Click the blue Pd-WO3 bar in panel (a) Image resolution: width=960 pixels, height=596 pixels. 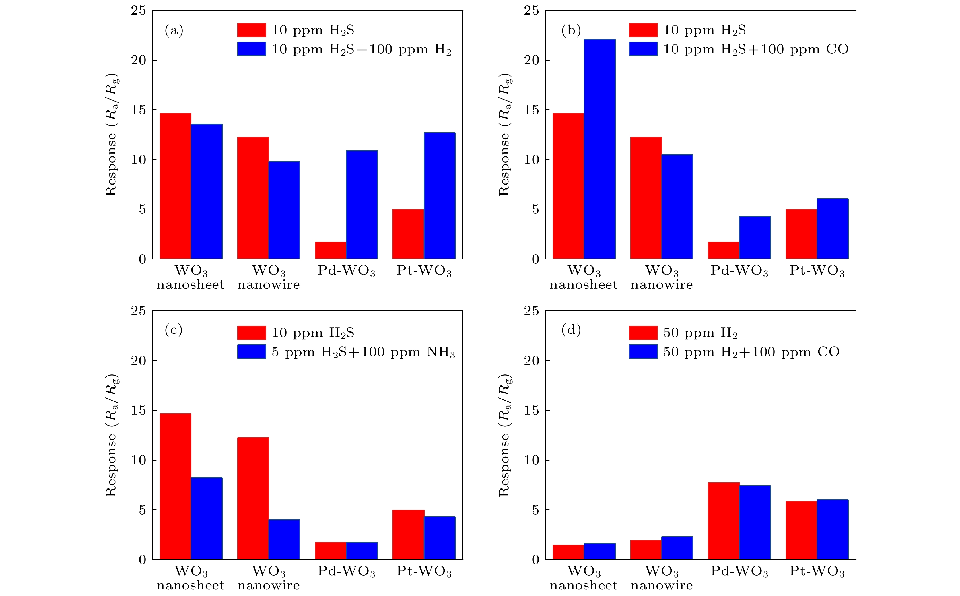pyautogui.click(x=362, y=205)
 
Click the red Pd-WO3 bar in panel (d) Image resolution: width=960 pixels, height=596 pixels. pyautogui.click(x=724, y=521)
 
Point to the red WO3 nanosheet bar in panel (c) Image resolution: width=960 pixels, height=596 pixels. pyautogui.click(x=175, y=486)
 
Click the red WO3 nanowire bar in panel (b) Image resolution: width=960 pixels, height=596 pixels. pyautogui.click(x=646, y=198)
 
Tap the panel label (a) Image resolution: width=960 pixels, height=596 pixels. pyautogui.click(x=174, y=30)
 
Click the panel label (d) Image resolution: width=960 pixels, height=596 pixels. pyautogui.click(x=571, y=330)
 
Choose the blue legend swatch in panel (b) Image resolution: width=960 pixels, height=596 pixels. pyautogui.click(x=643, y=49)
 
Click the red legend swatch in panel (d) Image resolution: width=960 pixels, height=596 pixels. pyautogui.click(x=643, y=333)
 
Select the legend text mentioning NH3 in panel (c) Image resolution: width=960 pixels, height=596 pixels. pyautogui.click(x=363, y=352)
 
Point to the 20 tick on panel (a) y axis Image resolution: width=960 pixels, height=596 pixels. pyautogui.click(x=138, y=60)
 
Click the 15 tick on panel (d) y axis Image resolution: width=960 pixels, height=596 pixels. pyautogui.click(x=531, y=410)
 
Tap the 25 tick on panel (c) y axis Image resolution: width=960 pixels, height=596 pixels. pyautogui.click(x=138, y=311)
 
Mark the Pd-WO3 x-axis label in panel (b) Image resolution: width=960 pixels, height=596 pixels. pyautogui.click(x=739, y=271)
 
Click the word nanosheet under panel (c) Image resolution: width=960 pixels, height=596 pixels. pyautogui.click(x=191, y=585)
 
